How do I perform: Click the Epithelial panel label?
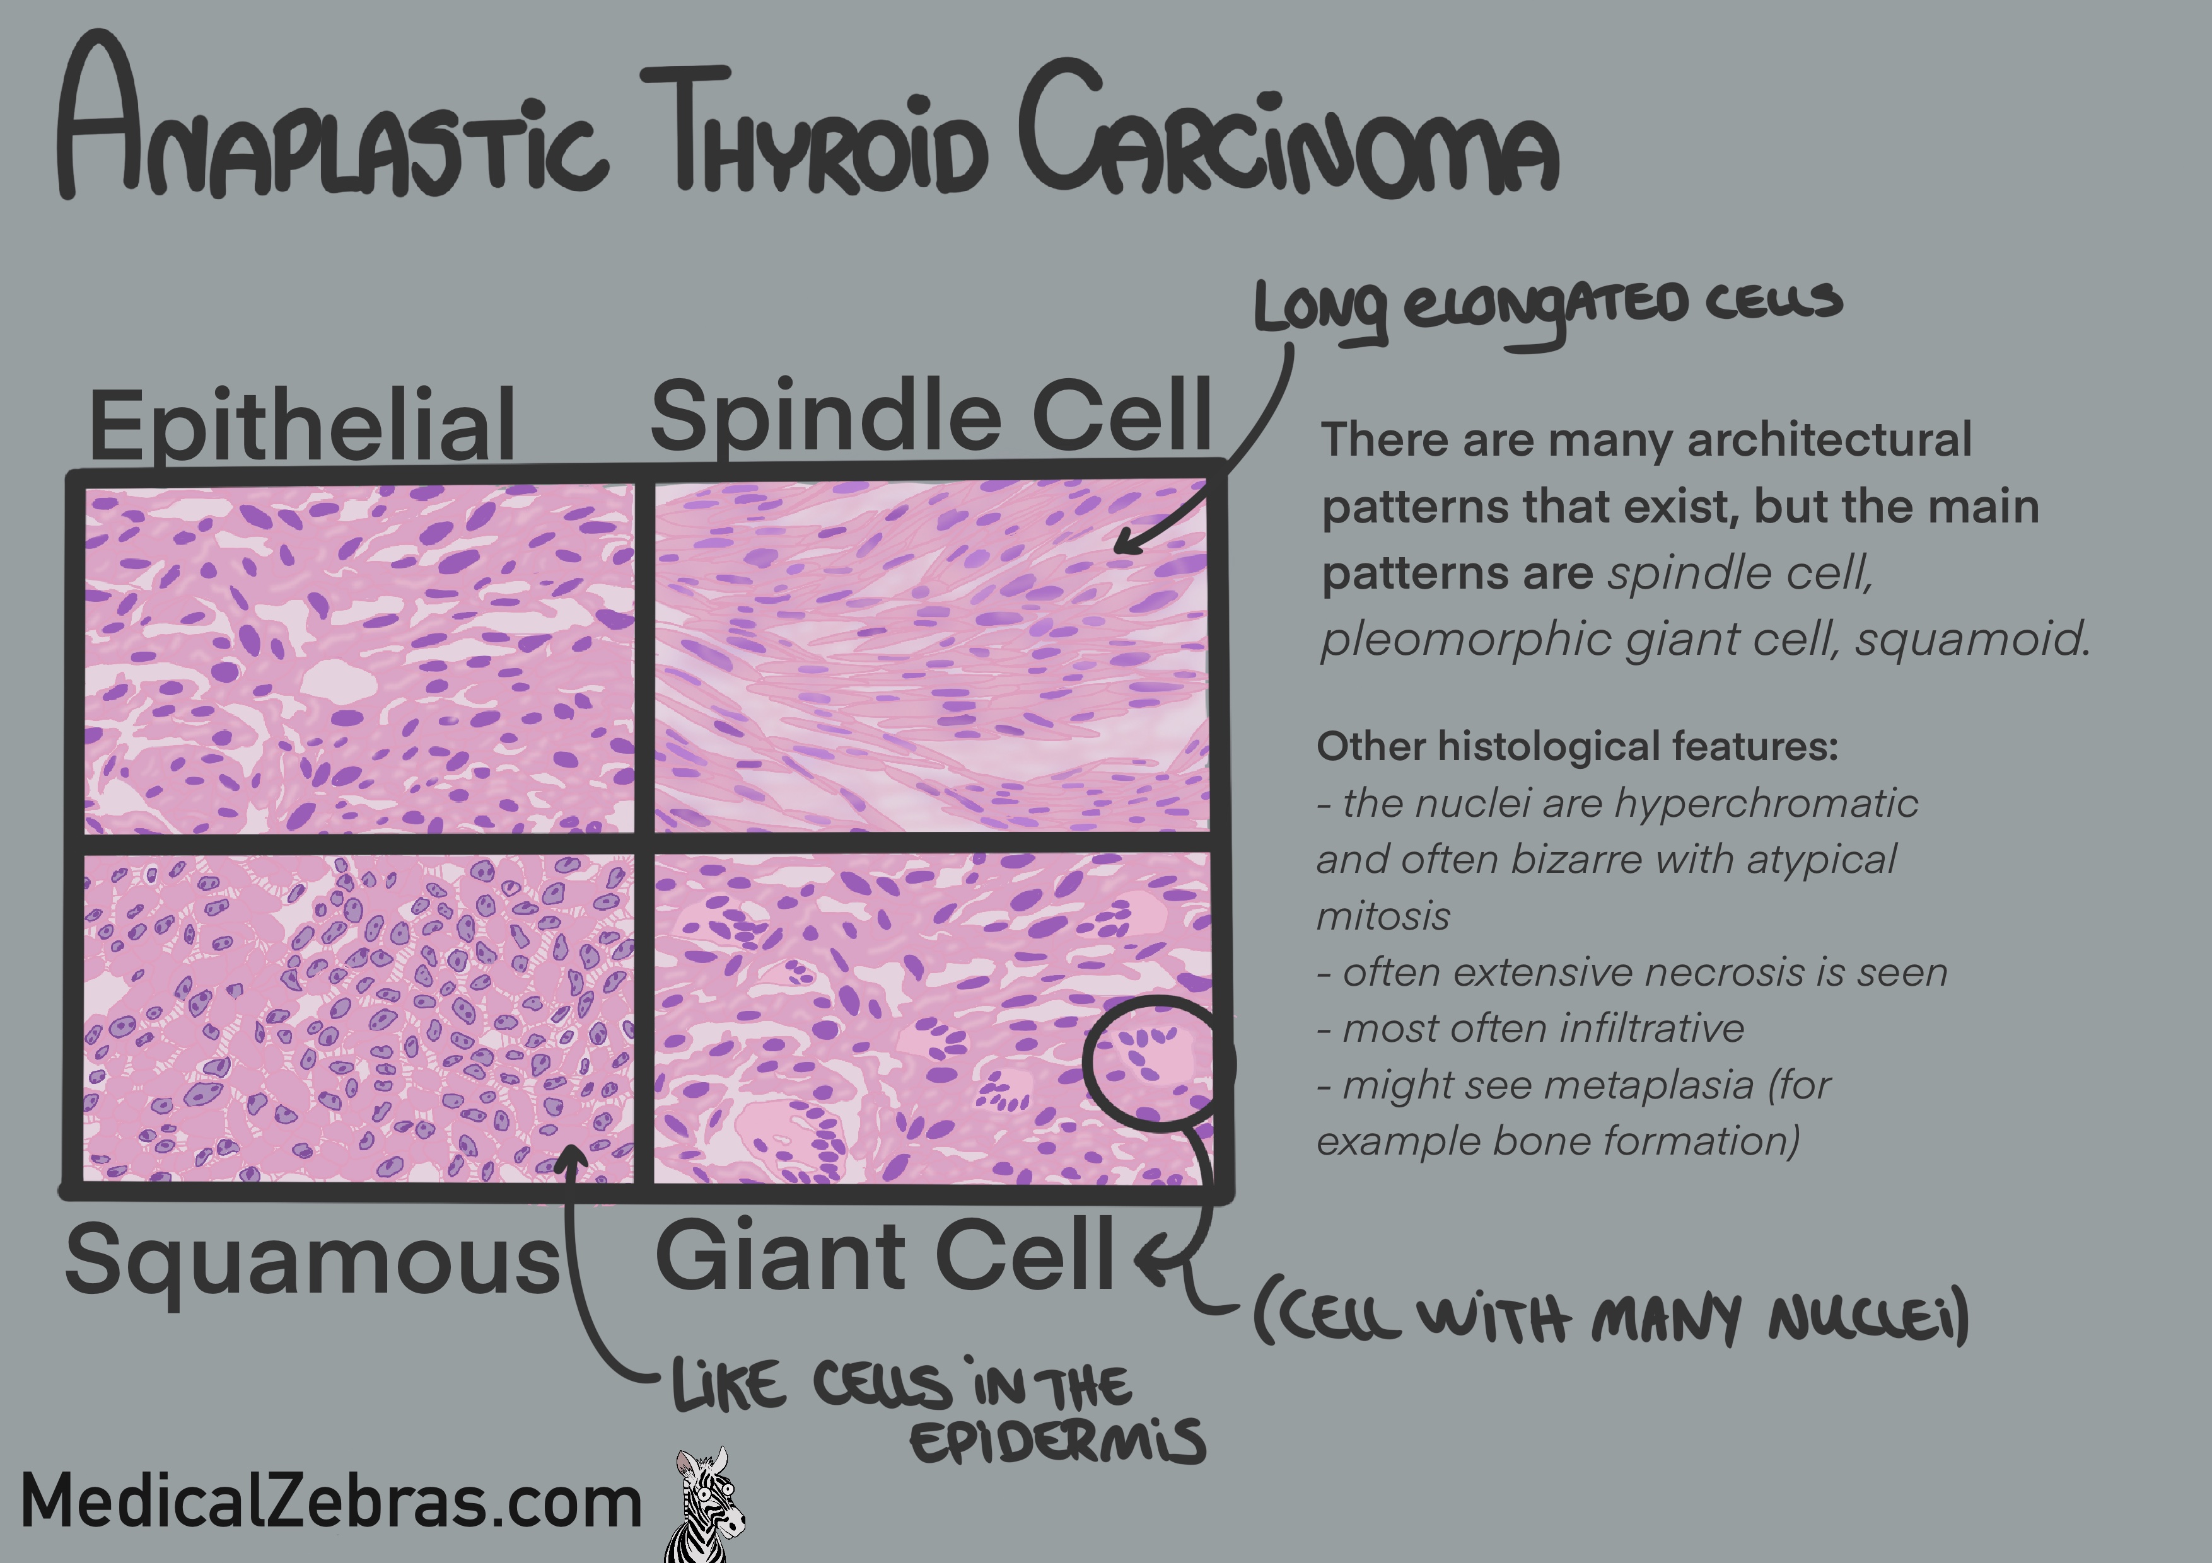(301, 425)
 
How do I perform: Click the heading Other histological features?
(1577, 746)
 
